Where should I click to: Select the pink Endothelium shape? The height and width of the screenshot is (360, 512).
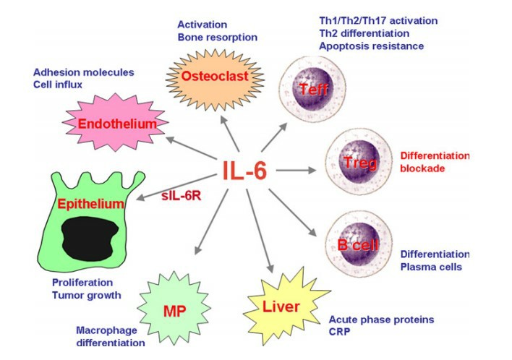click(x=118, y=124)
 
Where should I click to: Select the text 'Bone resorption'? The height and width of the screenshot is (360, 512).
click(x=216, y=37)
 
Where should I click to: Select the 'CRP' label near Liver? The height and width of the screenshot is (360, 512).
click(x=341, y=332)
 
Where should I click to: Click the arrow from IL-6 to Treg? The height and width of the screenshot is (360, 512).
click(x=296, y=171)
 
